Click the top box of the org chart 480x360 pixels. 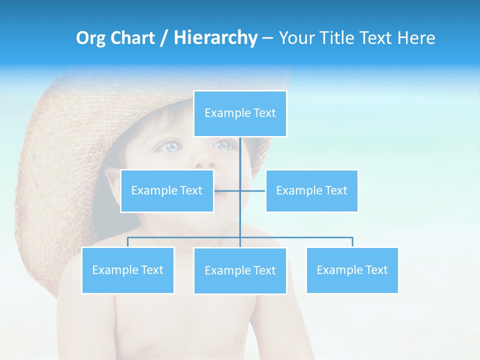pos(240,113)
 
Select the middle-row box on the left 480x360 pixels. pos(167,190)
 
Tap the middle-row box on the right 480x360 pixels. pos(311,190)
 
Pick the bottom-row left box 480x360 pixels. pos(128,270)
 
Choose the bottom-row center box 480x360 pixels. pos(240,270)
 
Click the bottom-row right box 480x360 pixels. pos(352,270)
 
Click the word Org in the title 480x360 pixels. pos(90,38)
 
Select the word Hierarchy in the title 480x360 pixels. pos(215,38)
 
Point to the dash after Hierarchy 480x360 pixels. pos(267,38)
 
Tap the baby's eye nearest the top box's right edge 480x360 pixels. pos(222,145)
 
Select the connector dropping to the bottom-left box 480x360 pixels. pos(128,242)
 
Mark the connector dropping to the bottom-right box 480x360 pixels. pos(352,242)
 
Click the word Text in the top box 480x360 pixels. pos(264,113)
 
